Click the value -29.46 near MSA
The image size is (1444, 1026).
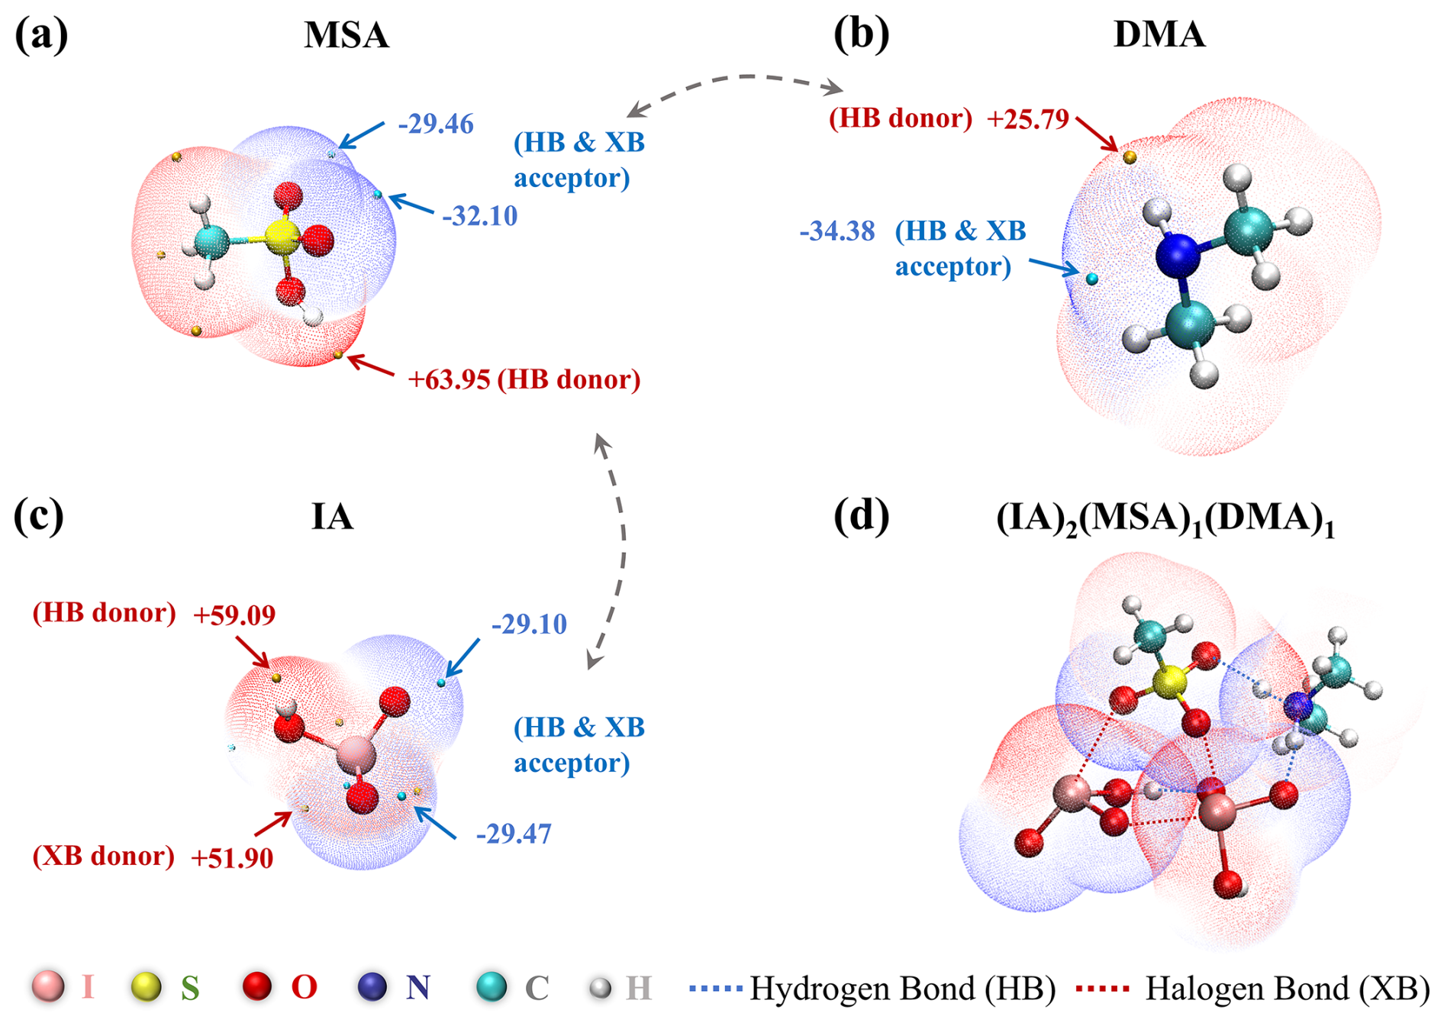(x=436, y=124)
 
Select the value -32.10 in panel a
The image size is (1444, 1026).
(x=479, y=216)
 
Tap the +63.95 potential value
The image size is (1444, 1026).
(x=449, y=379)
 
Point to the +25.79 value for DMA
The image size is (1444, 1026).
(x=1027, y=120)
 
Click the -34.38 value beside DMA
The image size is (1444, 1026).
(x=837, y=231)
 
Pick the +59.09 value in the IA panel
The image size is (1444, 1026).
(x=234, y=615)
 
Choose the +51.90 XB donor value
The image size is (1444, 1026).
(x=232, y=858)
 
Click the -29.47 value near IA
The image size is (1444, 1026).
(x=513, y=834)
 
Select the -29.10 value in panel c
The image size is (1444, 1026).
(x=529, y=624)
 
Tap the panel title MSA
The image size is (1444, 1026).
(x=346, y=35)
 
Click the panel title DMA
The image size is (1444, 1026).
(x=1159, y=35)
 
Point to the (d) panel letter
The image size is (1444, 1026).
(x=861, y=516)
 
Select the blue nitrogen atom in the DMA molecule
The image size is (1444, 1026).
(x=1178, y=255)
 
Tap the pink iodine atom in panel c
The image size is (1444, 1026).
(x=356, y=755)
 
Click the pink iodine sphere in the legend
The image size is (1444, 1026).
(x=47, y=986)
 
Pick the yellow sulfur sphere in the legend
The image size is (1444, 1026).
(x=146, y=986)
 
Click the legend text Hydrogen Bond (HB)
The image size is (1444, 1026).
(x=902, y=989)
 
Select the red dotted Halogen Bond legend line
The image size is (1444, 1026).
(x=1101, y=989)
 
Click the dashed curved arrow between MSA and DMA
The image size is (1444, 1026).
(x=737, y=78)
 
